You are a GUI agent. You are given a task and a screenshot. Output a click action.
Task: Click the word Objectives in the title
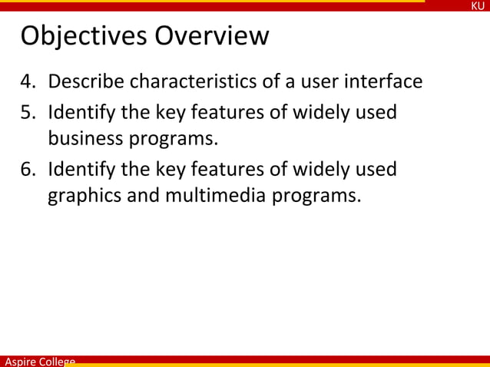point(84,36)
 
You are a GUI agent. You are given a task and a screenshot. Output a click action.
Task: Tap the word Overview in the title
point(212,36)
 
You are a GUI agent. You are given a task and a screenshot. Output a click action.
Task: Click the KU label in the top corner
point(478,6)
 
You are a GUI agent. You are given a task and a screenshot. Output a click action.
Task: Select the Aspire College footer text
point(38,361)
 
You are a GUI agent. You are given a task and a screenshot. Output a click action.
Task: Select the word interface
point(381,81)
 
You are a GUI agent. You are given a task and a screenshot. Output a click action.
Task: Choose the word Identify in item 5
point(81,113)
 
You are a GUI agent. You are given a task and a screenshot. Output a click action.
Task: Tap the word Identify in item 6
point(81,169)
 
